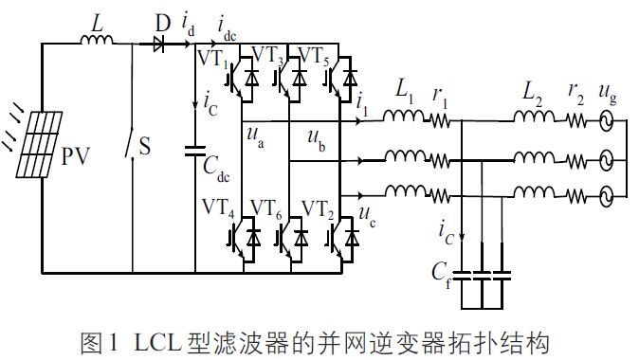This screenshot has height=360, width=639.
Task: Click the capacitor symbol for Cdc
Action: click(x=195, y=150)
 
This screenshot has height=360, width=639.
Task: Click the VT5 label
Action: click(x=314, y=58)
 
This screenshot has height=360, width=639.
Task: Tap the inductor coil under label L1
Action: click(x=404, y=119)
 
